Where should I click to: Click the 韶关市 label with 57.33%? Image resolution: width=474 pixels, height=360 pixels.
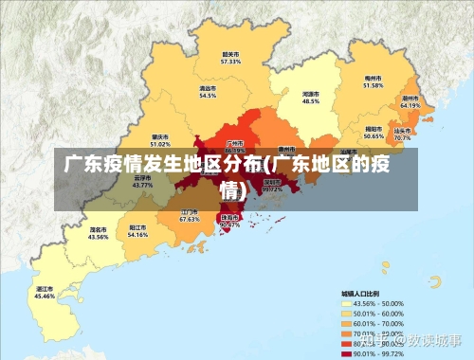231,57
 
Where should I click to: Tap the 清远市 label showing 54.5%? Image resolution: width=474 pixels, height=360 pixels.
208,91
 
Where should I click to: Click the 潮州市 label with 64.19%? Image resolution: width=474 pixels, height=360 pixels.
410,101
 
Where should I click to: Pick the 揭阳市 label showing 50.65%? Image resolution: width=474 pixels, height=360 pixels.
374,132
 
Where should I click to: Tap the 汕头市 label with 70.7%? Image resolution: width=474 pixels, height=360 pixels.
403,134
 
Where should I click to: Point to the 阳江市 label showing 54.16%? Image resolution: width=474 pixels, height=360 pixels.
137,230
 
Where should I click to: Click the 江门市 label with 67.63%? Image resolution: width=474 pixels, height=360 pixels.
190,215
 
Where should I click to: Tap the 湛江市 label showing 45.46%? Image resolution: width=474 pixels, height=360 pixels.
45,292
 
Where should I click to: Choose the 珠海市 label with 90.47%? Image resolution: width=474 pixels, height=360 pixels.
229,220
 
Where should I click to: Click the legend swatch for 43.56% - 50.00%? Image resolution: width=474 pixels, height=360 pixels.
346,302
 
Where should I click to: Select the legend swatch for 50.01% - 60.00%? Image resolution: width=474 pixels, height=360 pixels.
346,313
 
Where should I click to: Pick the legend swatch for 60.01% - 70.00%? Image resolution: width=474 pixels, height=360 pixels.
346,323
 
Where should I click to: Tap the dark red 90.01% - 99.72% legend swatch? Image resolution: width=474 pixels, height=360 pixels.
346,353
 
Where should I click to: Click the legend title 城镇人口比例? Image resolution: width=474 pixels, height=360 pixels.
361,293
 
